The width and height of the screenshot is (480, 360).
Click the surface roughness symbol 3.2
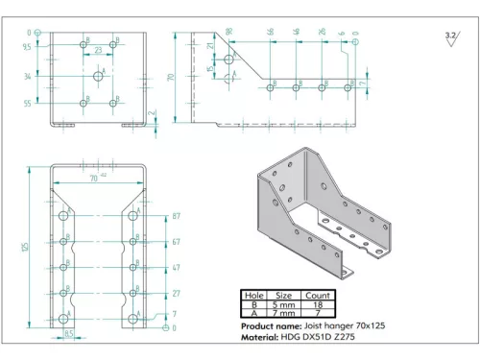449,36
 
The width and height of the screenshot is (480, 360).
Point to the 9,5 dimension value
27,45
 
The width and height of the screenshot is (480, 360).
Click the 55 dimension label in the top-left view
27,103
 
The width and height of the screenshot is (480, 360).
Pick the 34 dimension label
27,75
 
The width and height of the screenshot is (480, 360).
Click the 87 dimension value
176,216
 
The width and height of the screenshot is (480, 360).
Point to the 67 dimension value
176,243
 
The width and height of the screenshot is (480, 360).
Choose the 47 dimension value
176,268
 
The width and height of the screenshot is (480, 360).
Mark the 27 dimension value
176,293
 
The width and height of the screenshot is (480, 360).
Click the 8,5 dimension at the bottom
69,333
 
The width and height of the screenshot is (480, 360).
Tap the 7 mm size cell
284,315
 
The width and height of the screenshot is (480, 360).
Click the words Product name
272,327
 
